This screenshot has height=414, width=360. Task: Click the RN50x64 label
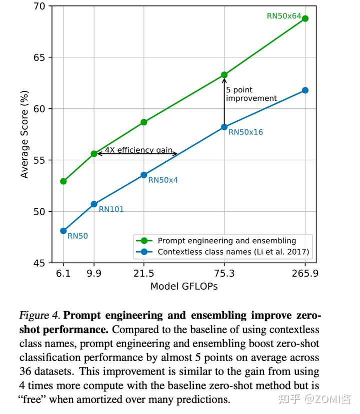pyautogui.click(x=284, y=16)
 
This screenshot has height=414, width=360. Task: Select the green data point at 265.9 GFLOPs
pyautogui.click(x=305, y=18)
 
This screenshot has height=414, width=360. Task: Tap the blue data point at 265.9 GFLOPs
pyautogui.click(x=305, y=90)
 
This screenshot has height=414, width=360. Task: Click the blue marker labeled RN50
pyautogui.click(x=63, y=231)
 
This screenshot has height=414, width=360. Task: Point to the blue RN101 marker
pyautogui.click(x=94, y=204)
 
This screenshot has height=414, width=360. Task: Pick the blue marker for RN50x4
pyautogui.click(x=144, y=175)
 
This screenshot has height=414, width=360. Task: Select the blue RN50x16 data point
pyautogui.click(x=224, y=127)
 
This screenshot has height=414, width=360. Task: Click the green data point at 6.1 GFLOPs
pyautogui.click(x=63, y=181)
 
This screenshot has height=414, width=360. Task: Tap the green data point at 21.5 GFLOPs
pyautogui.click(x=144, y=122)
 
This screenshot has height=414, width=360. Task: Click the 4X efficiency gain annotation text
pyautogui.click(x=138, y=150)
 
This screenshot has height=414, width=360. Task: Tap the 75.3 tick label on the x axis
pyautogui.click(x=224, y=273)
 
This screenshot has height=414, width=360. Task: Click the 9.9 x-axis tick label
pyautogui.click(x=94, y=273)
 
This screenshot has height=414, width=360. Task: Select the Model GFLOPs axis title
pyautogui.click(x=184, y=286)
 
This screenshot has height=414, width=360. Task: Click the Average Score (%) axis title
pyautogui.click(x=24, y=134)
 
